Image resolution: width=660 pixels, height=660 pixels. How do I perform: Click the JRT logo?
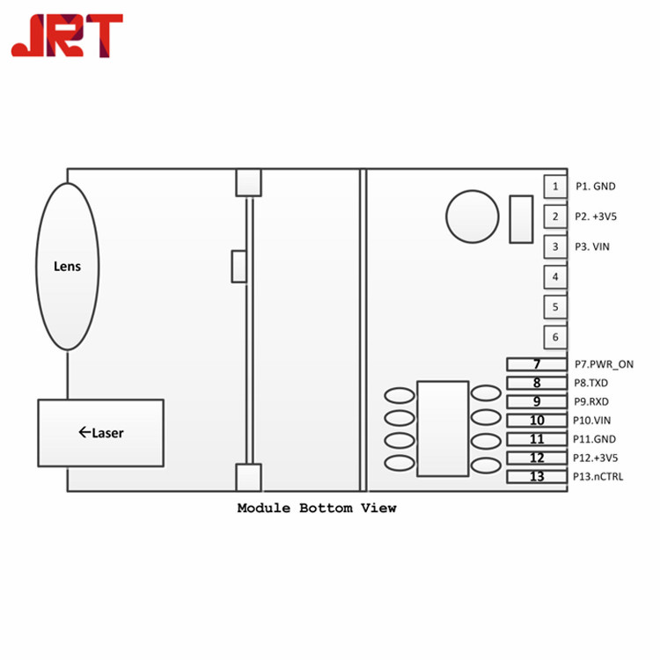(x=67, y=35)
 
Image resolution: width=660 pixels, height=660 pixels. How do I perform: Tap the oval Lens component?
(x=68, y=267)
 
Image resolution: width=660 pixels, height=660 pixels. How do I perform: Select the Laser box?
(x=101, y=433)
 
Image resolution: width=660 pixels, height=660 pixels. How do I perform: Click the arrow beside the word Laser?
(x=84, y=432)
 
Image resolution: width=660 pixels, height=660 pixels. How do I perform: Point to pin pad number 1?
(x=555, y=187)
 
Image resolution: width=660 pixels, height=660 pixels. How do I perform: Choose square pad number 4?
(x=555, y=277)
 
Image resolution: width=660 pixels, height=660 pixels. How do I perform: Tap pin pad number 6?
(x=555, y=337)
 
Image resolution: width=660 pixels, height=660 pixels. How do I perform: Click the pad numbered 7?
(x=537, y=364)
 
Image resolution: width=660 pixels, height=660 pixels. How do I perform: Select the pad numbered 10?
(x=537, y=420)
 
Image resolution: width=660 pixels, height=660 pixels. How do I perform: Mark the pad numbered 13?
(x=537, y=476)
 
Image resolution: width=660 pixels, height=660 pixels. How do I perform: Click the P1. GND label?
(x=596, y=187)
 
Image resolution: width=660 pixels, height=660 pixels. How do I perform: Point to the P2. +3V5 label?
(x=596, y=216)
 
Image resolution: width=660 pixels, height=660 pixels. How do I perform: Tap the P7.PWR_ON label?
(x=604, y=364)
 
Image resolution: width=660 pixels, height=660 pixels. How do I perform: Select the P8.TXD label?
(x=591, y=383)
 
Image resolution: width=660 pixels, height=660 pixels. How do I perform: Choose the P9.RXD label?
(x=591, y=401)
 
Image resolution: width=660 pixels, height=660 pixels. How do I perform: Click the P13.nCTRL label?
(x=598, y=476)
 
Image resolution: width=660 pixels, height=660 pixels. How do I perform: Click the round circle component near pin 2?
(x=473, y=216)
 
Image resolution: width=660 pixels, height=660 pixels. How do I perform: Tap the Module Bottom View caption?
(x=317, y=508)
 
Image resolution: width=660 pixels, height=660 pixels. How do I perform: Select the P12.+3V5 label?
(x=596, y=458)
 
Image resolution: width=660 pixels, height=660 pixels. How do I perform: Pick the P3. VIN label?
(x=592, y=246)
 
